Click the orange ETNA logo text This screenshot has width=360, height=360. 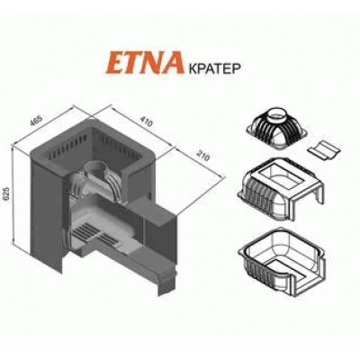(x=144, y=62)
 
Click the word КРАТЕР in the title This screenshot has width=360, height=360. (x=213, y=68)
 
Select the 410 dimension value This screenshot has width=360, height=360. (x=147, y=122)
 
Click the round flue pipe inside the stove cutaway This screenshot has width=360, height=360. (x=96, y=169)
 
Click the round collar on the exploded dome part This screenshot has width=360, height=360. (x=276, y=113)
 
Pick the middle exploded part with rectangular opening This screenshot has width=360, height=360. (x=281, y=188)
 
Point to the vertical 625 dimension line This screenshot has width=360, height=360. (x=12, y=195)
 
